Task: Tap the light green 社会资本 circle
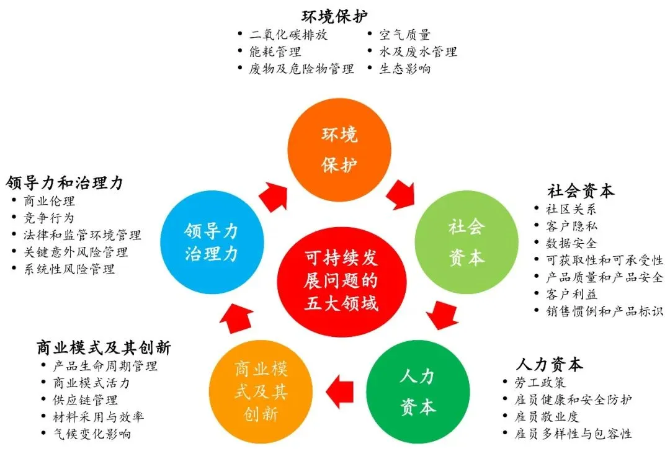pyautogui.click(x=465, y=242)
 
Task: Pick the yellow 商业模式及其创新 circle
pyautogui.click(x=261, y=391)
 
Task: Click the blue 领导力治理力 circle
pyautogui.click(x=211, y=242)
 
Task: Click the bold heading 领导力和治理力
pyautogui.click(x=65, y=183)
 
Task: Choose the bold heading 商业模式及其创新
pyautogui.click(x=104, y=346)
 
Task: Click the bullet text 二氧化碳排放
pyautogui.click(x=288, y=35)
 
